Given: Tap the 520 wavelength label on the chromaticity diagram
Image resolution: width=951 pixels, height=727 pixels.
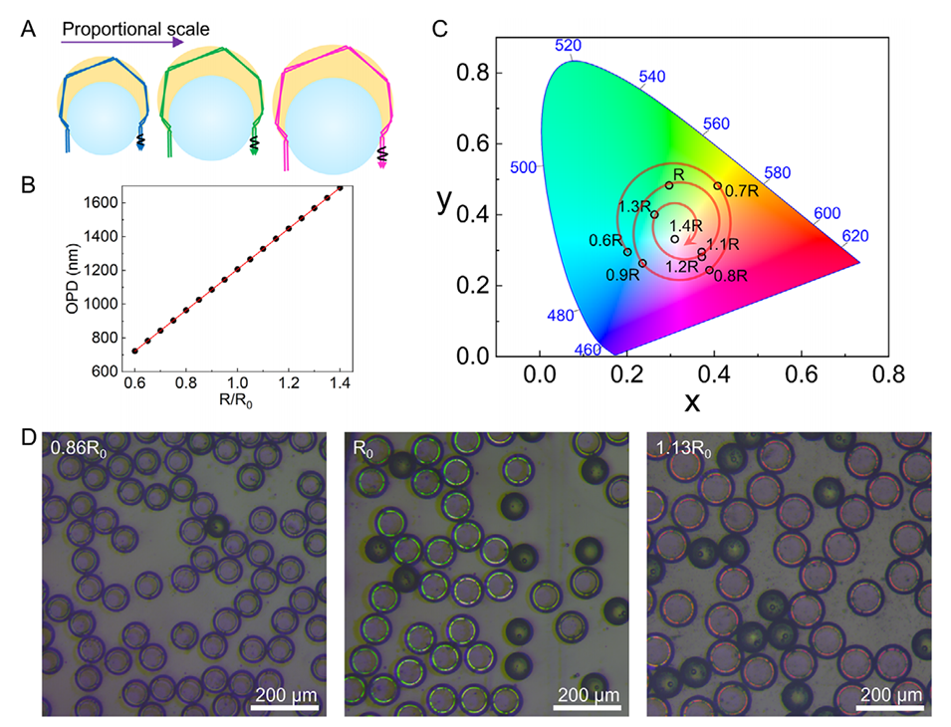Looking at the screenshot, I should (567, 46).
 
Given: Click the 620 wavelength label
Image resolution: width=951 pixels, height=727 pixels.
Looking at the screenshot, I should (854, 236).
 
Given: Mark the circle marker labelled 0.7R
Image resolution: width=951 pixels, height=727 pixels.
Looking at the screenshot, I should (717, 185).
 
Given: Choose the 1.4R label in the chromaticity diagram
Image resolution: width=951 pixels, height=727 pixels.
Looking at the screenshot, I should (686, 226).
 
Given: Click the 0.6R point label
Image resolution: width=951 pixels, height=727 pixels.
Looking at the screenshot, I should (605, 241).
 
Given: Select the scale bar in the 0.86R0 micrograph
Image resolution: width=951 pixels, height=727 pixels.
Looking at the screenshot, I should (284, 708).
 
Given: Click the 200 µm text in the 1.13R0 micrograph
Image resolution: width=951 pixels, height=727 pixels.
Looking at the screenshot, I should (890, 694).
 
